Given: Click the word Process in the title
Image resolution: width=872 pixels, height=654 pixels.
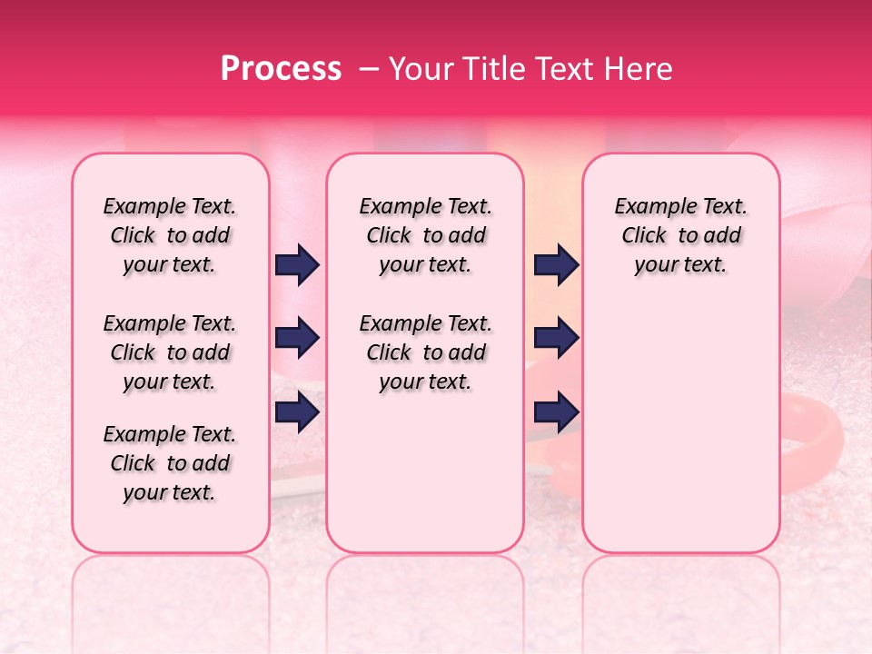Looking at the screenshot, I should click(281, 69).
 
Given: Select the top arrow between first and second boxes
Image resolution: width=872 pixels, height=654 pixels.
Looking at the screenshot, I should click(297, 265).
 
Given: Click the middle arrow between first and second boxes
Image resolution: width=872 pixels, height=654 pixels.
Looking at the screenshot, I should click(297, 339).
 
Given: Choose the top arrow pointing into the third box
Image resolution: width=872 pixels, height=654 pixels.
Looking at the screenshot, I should click(556, 265).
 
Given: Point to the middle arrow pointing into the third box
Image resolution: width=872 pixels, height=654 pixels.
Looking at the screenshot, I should click(556, 339).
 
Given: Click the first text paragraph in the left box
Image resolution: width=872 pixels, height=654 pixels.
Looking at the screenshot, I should click(169, 235).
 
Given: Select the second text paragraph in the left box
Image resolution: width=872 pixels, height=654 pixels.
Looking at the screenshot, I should click(169, 352).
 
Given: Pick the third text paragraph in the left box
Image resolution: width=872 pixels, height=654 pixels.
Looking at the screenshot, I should click(169, 463).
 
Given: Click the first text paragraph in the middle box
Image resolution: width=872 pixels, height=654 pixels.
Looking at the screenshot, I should click(425, 235).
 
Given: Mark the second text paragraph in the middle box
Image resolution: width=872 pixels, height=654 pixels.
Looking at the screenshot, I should click(425, 352).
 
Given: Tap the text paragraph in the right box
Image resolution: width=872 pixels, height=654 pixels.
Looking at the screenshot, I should click(680, 235).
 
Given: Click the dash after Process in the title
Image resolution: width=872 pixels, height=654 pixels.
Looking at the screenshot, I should click(368, 69).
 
